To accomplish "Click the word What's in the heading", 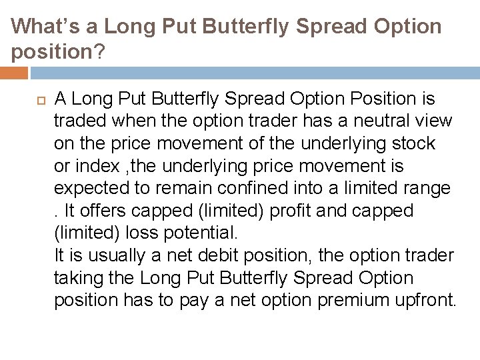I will [43, 27].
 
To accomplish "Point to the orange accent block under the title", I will [14, 72].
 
